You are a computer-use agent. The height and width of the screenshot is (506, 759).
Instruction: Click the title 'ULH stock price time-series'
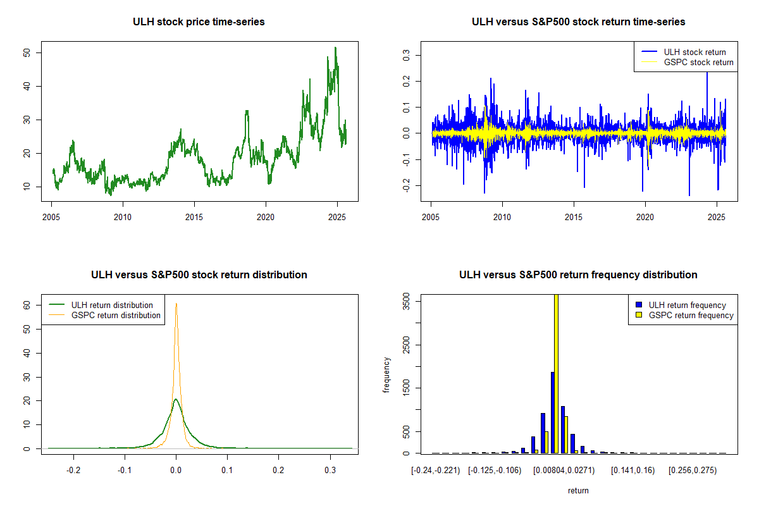click(x=199, y=22)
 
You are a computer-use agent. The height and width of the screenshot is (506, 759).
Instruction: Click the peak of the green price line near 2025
click(x=335, y=47)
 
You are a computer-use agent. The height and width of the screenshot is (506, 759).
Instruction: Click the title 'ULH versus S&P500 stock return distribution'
click(x=199, y=275)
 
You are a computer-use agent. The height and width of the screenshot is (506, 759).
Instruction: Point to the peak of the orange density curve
click(x=176, y=304)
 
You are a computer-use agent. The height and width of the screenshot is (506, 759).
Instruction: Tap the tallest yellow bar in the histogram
click(x=556, y=373)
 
